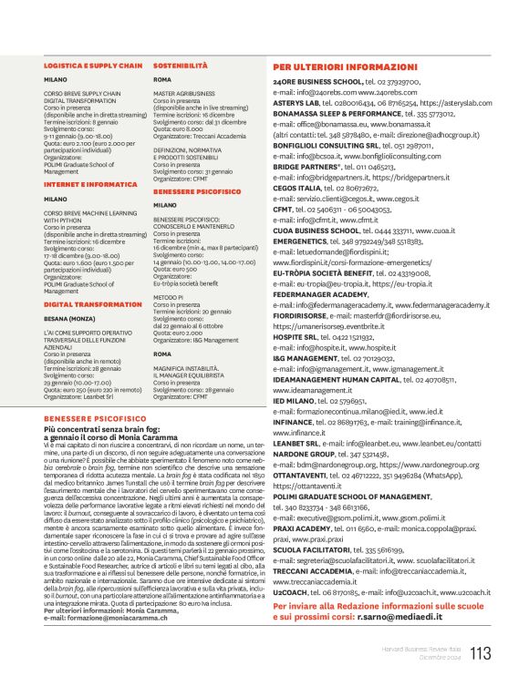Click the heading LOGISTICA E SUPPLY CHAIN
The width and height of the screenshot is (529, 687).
click(x=93, y=67)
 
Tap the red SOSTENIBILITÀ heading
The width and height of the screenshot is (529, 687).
click(x=181, y=67)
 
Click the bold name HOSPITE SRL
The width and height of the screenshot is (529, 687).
click(x=296, y=336)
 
